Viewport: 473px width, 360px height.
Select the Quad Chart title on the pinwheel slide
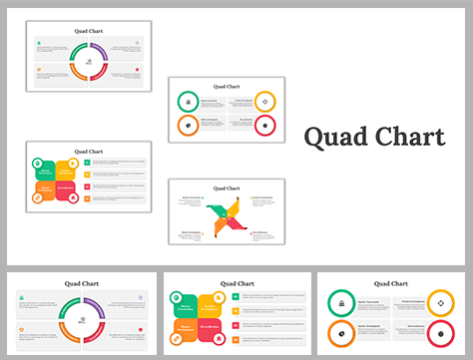227,187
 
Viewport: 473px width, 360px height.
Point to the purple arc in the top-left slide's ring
101,55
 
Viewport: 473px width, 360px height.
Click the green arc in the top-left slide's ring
77,55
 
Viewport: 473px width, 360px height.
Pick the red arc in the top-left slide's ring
101,77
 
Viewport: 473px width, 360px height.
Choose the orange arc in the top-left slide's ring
77,77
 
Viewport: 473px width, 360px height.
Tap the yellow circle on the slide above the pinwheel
264,101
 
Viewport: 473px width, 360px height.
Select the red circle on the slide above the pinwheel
264,125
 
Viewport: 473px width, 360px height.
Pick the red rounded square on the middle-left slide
65,191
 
